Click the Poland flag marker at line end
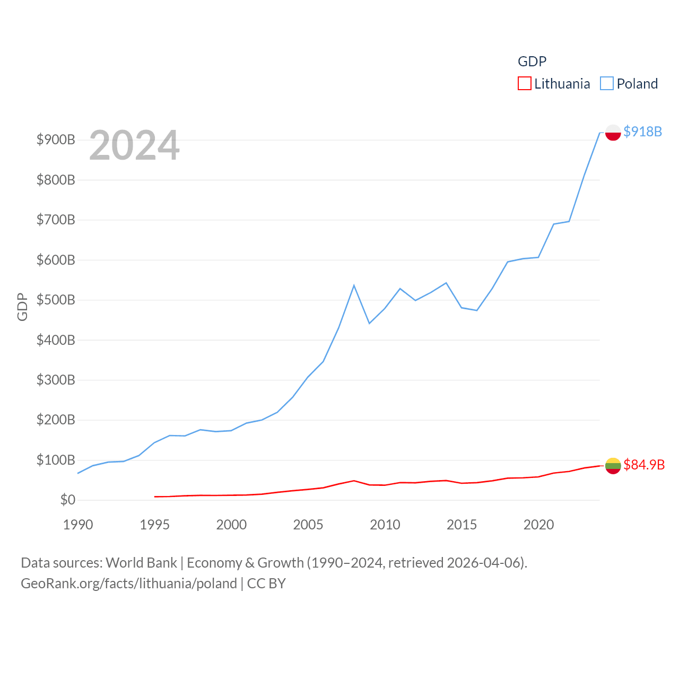coord(613,132)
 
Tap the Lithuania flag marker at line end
coord(613,466)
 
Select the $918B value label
coord(642,132)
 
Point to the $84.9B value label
coord(643,465)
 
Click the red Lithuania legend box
coord(524,84)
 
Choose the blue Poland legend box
coord(606,84)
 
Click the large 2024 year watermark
coord(134,145)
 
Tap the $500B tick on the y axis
coord(56,300)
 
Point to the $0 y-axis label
coord(67,500)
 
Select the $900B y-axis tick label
coord(56,140)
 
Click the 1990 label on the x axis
coord(78,525)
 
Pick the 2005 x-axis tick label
coord(308,525)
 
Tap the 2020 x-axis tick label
coord(538,525)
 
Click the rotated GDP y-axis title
coord(22,307)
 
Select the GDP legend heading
coord(532,62)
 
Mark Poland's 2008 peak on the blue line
coord(354,285)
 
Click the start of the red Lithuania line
coord(155,497)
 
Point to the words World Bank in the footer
coord(141,562)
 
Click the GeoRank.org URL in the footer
coord(129,584)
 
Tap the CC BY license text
coord(266,584)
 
